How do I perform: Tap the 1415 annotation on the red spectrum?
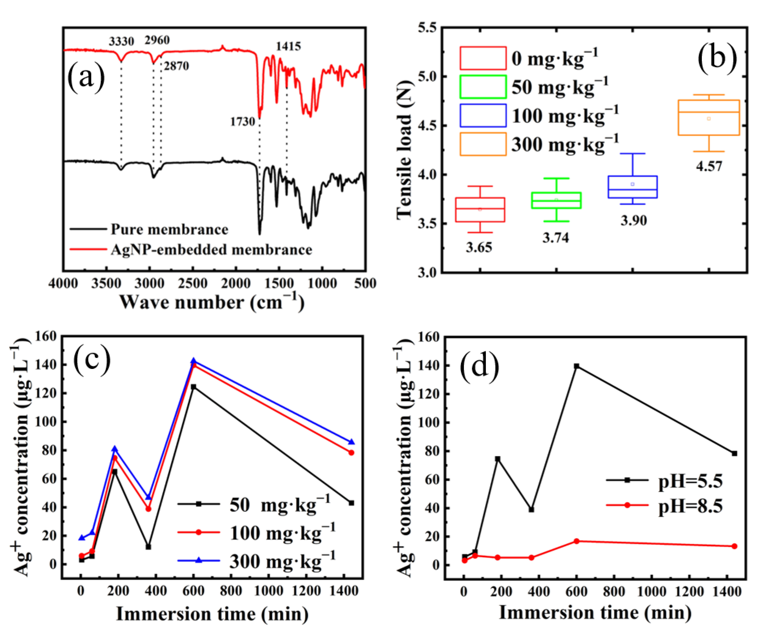pyautogui.click(x=288, y=46)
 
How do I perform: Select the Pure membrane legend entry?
pyautogui.click(x=169, y=229)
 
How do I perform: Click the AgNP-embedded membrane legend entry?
pyautogui.click(x=211, y=250)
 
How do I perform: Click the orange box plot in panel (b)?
pyautogui.click(x=708, y=118)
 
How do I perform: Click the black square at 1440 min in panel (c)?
pyautogui.click(x=351, y=503)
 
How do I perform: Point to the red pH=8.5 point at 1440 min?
pyautogui.click(x=734, y=546)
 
